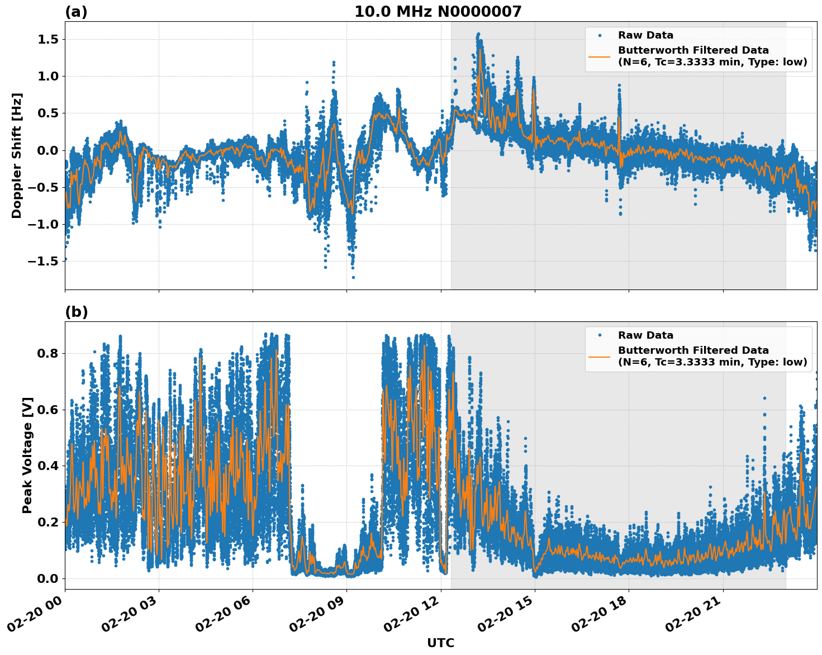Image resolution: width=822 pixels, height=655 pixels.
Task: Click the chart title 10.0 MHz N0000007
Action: click(438, 12)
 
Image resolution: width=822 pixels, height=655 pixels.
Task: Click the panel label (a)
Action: click(76, 12)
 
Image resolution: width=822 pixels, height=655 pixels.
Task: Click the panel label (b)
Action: click(76, 312)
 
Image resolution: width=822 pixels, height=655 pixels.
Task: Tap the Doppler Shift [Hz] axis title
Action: click(17, 155)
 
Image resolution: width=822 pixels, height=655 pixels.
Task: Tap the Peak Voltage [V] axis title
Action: click(27, 455)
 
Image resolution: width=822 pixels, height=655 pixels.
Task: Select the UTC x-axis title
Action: click(440, 643)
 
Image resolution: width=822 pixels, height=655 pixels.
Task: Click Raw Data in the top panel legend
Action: click(645, 35)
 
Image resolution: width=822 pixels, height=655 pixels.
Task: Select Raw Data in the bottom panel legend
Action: click(645, 335)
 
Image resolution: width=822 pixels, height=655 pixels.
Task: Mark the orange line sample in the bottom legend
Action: click(600, 356)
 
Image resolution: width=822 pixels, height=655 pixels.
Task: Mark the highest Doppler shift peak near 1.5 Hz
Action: click(478, 35)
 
